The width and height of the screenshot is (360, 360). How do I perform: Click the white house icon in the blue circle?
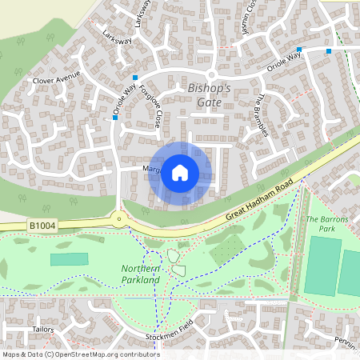point(180,172)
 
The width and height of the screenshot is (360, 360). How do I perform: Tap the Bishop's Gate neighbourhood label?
point(209,94)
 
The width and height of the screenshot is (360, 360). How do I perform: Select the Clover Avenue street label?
point(57,80)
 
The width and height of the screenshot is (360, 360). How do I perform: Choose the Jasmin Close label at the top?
point(248,22)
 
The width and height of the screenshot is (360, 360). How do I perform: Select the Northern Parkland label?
point(141,274)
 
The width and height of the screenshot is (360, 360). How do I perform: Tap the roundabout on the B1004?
point(119,218)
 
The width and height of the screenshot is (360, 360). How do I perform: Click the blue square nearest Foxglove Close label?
point(135,78)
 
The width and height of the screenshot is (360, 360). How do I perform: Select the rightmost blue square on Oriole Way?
point(328,50)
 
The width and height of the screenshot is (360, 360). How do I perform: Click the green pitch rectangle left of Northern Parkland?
point(70,259)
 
